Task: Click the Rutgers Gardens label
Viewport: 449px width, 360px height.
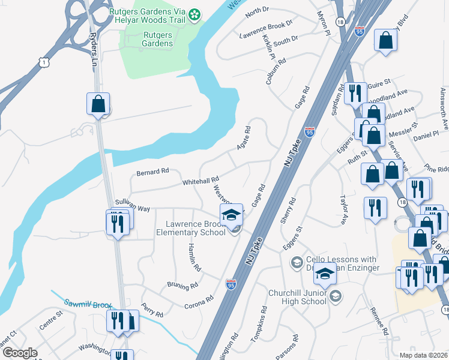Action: click(157, 39)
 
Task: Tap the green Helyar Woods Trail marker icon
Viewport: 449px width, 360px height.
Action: click(194, 14)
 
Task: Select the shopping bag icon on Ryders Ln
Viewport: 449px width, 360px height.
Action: click(98, 104)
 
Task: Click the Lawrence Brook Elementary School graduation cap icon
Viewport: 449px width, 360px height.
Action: click(231, 215)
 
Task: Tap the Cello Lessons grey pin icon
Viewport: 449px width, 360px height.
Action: click(296, 262)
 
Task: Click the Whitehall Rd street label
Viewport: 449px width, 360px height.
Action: click(200, 181)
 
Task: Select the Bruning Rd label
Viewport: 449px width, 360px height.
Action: click(182, 286)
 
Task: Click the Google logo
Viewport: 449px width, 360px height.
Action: click(20, 353)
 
